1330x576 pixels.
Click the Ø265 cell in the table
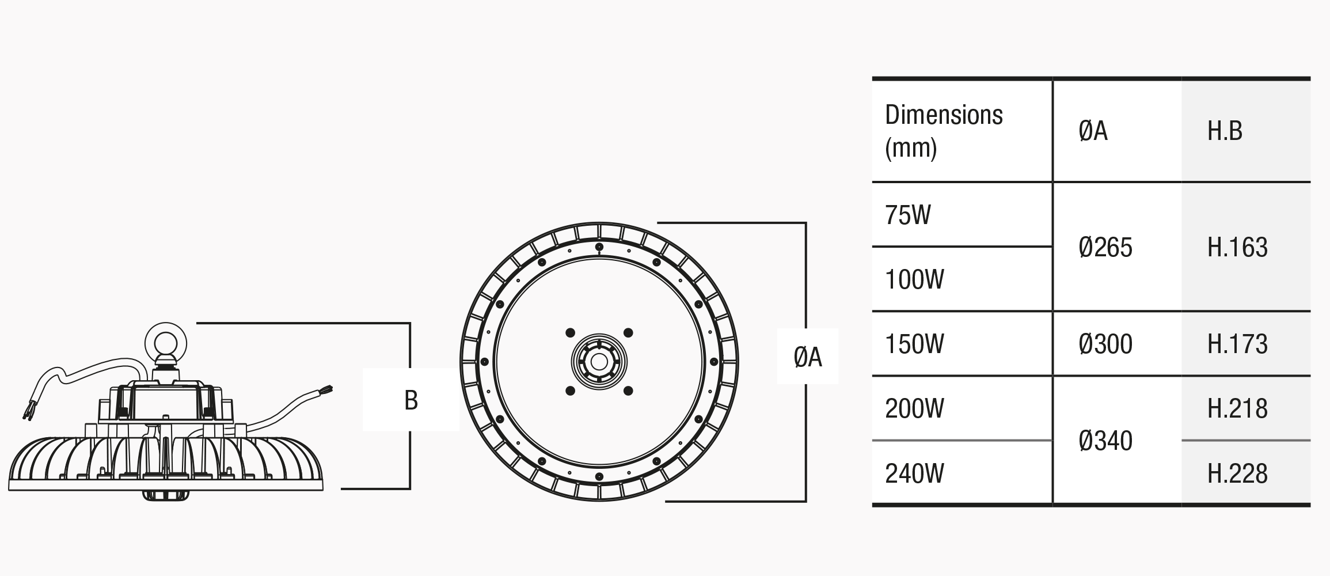[1105, 247]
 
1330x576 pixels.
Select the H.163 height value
[1237, 247]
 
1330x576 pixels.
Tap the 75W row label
[908, 215]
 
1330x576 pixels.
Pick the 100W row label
[914, 279]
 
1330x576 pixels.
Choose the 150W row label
[914, 344]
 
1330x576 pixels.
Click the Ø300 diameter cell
[1105, 344]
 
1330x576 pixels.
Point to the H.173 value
[1237, 344]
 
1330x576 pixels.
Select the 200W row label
[914, 408]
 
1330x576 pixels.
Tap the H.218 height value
[1237, 408]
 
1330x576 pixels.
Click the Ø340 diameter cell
[1105, 441]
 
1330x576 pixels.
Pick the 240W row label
[914, 473]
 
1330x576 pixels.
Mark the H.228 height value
[1237, 473]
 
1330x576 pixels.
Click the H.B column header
[1225, 131]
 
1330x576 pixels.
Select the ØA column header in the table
[1093, 131]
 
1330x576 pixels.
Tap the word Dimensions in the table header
[944, 115]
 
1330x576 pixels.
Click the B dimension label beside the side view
[411, 400]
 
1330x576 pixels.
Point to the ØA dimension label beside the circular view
[807, 357]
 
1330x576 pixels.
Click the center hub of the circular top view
[599, 362]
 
